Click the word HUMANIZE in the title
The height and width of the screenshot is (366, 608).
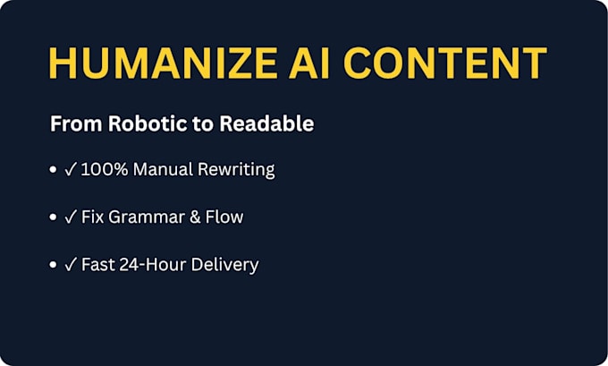163,63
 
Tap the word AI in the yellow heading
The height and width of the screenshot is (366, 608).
309,63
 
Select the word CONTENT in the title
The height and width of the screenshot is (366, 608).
445,63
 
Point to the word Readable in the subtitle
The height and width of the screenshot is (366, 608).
266,123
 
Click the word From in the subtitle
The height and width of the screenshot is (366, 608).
76,123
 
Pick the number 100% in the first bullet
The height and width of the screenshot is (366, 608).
105,170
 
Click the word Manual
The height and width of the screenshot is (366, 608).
163,170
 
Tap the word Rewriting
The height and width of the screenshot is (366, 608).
236,170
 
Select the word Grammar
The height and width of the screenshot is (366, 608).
146,217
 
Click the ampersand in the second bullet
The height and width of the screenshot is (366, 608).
195,217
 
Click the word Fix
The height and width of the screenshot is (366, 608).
93,217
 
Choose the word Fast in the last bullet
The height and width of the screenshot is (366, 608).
98,265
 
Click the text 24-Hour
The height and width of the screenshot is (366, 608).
153,265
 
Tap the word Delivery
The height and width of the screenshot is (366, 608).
225,266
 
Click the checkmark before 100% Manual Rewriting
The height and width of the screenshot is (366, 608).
70,170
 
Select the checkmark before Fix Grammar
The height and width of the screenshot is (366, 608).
70,217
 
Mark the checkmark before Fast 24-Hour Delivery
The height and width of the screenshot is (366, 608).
70,265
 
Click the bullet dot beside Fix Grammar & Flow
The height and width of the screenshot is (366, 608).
53,217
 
